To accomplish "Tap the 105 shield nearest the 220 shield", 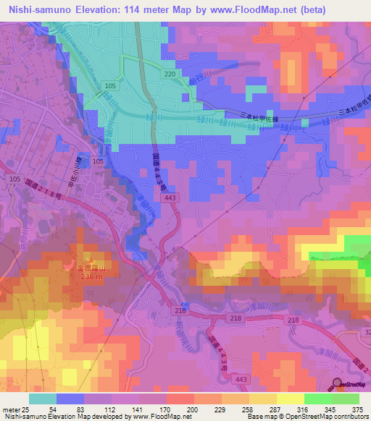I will pyautogui.click(x=110, y=86).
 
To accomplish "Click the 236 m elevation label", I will pyautogui.click(x=91, y=276).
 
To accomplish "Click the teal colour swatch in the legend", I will pyautogui.click(x=43, y=399).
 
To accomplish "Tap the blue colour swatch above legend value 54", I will pyautogui.click(x=70, y=399).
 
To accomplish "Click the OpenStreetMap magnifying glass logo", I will pyautogui.click(x=338, y=384).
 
